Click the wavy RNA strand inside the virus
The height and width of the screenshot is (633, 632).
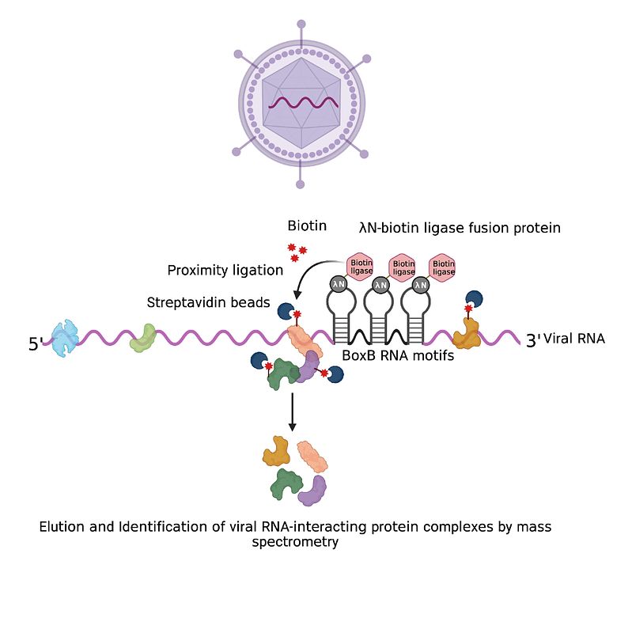click(304, 103)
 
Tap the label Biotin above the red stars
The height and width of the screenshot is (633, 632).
click(307, 226)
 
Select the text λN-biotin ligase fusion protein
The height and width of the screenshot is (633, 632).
click(460, 228)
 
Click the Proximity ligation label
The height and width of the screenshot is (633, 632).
click(225, 270)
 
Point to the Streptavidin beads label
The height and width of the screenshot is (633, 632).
click(208, 302)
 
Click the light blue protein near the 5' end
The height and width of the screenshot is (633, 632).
click(65, 339)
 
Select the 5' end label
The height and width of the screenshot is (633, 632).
click(35, 344)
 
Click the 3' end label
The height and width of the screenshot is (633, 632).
click(532, 341)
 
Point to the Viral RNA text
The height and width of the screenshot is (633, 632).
click(574, 339)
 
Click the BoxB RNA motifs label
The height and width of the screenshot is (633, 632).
click(398, 355)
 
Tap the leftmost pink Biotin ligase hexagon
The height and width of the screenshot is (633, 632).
click(360, 266)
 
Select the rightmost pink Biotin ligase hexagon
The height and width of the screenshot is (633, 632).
click(443, 267)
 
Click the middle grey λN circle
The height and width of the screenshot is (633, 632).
click(380, 286)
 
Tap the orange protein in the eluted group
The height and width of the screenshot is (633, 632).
click(276, 450)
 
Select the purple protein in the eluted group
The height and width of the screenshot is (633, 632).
click(312, 491)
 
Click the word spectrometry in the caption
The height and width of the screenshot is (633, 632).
click(295, 542)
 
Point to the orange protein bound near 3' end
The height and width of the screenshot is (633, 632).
click(467, 334)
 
